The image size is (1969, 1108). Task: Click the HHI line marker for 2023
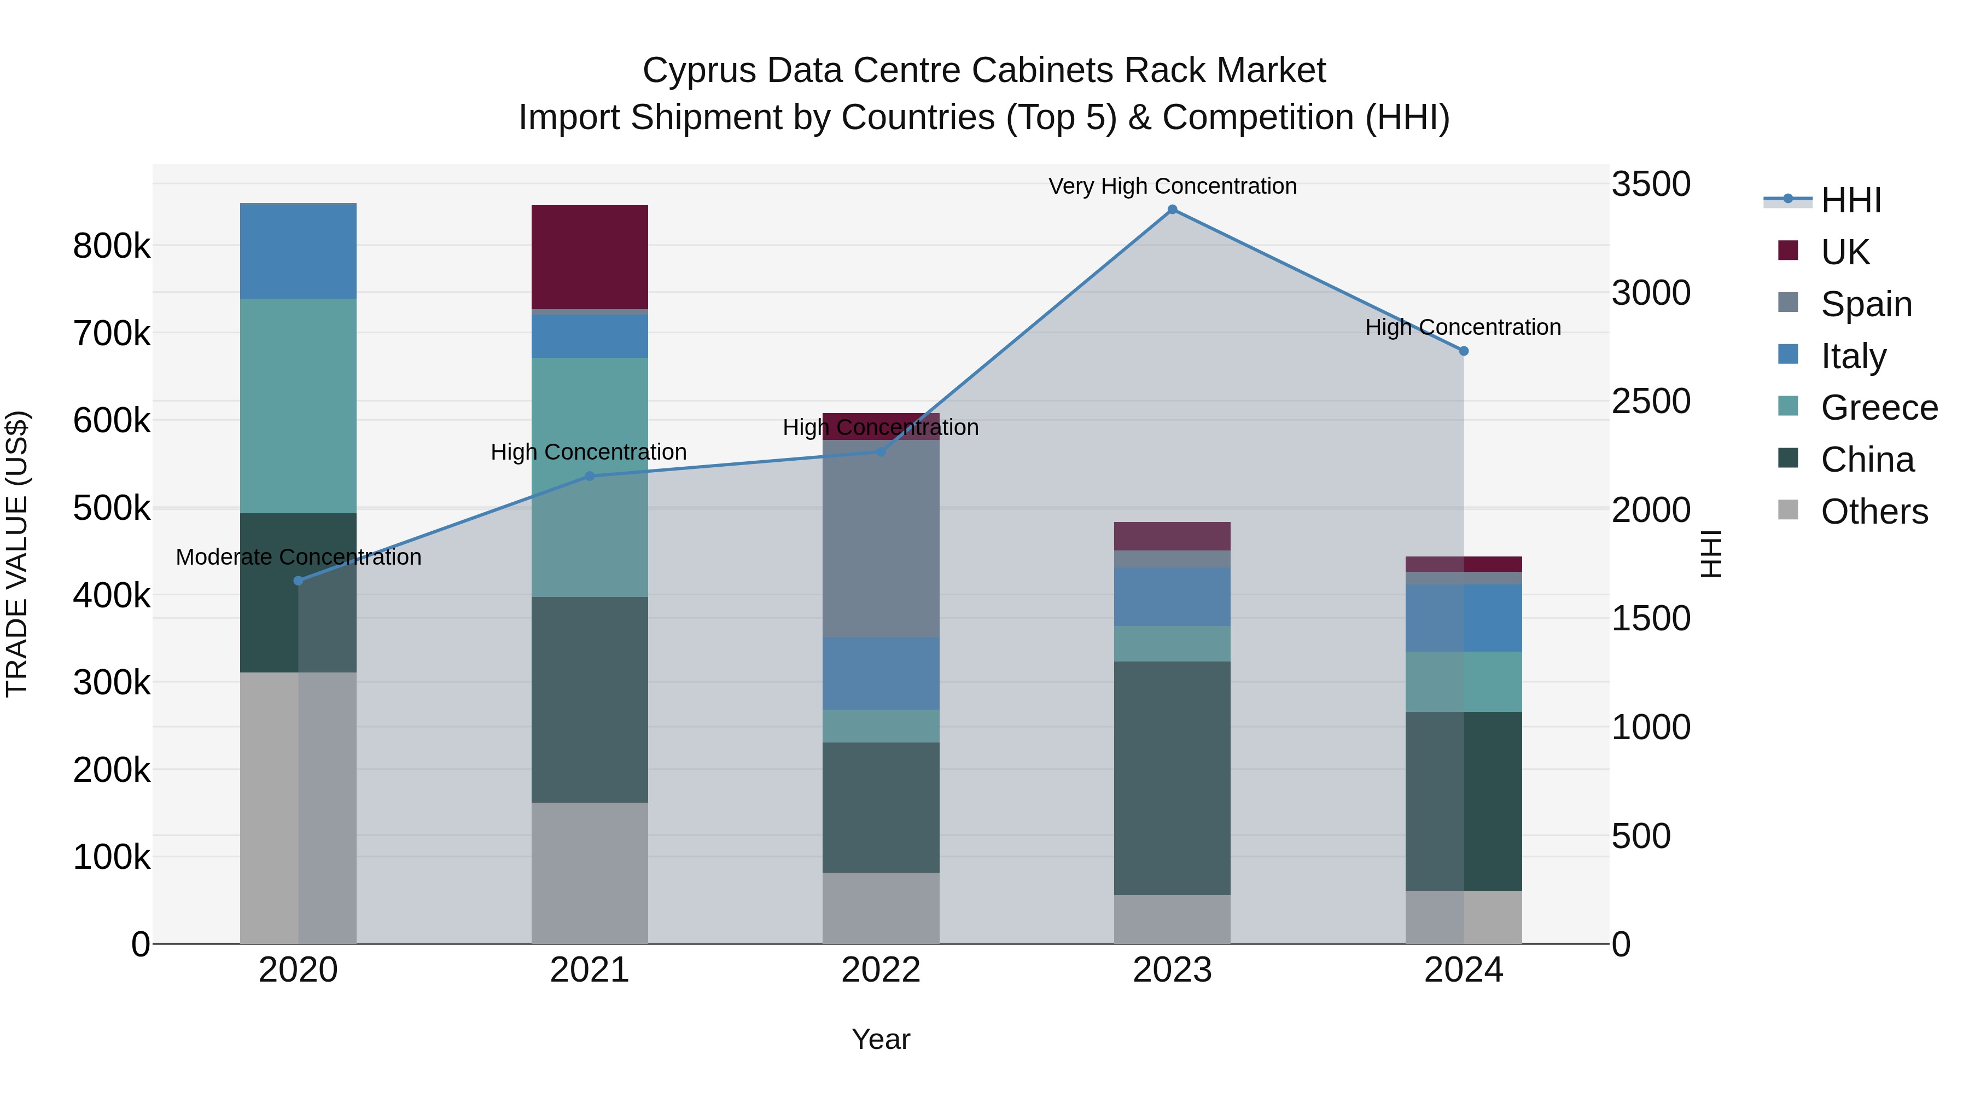pos(1172,210)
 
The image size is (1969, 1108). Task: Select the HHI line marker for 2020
pos(298,581)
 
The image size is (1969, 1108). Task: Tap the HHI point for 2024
pos(1463,351)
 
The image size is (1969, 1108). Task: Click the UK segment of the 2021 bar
pos(589,257)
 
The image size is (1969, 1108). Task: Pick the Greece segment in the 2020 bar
pos(298,405)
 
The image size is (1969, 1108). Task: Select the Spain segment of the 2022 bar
pos(881,539)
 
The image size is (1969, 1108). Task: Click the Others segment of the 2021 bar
pos(589,873)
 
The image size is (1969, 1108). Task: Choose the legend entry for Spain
pos(1865,304)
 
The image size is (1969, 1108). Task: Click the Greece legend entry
pos(1878,408)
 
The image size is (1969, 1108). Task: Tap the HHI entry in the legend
pos(1850,200)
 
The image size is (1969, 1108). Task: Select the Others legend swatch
pos(1788,510)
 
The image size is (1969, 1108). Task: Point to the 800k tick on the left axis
pos(112,246)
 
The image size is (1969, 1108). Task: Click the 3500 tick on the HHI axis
pos(1651,184)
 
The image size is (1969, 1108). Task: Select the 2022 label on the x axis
pos(881,970)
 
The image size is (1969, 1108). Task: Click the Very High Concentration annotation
pos(1172,186)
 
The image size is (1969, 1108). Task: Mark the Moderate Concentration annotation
pos(298,556)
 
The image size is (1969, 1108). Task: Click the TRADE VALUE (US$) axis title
pos(18,554)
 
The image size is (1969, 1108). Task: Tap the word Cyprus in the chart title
pos(700,71)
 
